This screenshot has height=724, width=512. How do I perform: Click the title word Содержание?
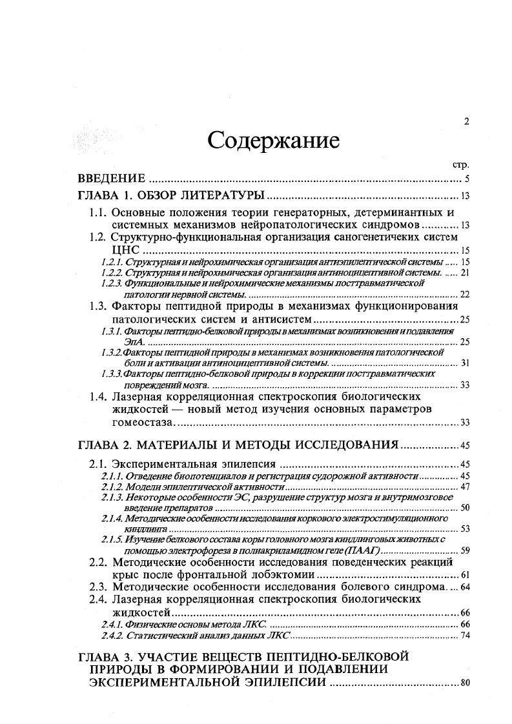click(x=273, y=141)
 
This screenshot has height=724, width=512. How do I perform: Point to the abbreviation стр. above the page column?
click(x=461, y=165)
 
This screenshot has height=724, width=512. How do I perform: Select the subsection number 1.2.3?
click(x=112, y=283)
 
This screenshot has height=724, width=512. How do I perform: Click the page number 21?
click(x=464, y=273)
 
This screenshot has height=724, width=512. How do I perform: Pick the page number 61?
click(x=464, y=574)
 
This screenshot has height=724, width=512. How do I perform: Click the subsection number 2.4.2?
click(x=112, y=636)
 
